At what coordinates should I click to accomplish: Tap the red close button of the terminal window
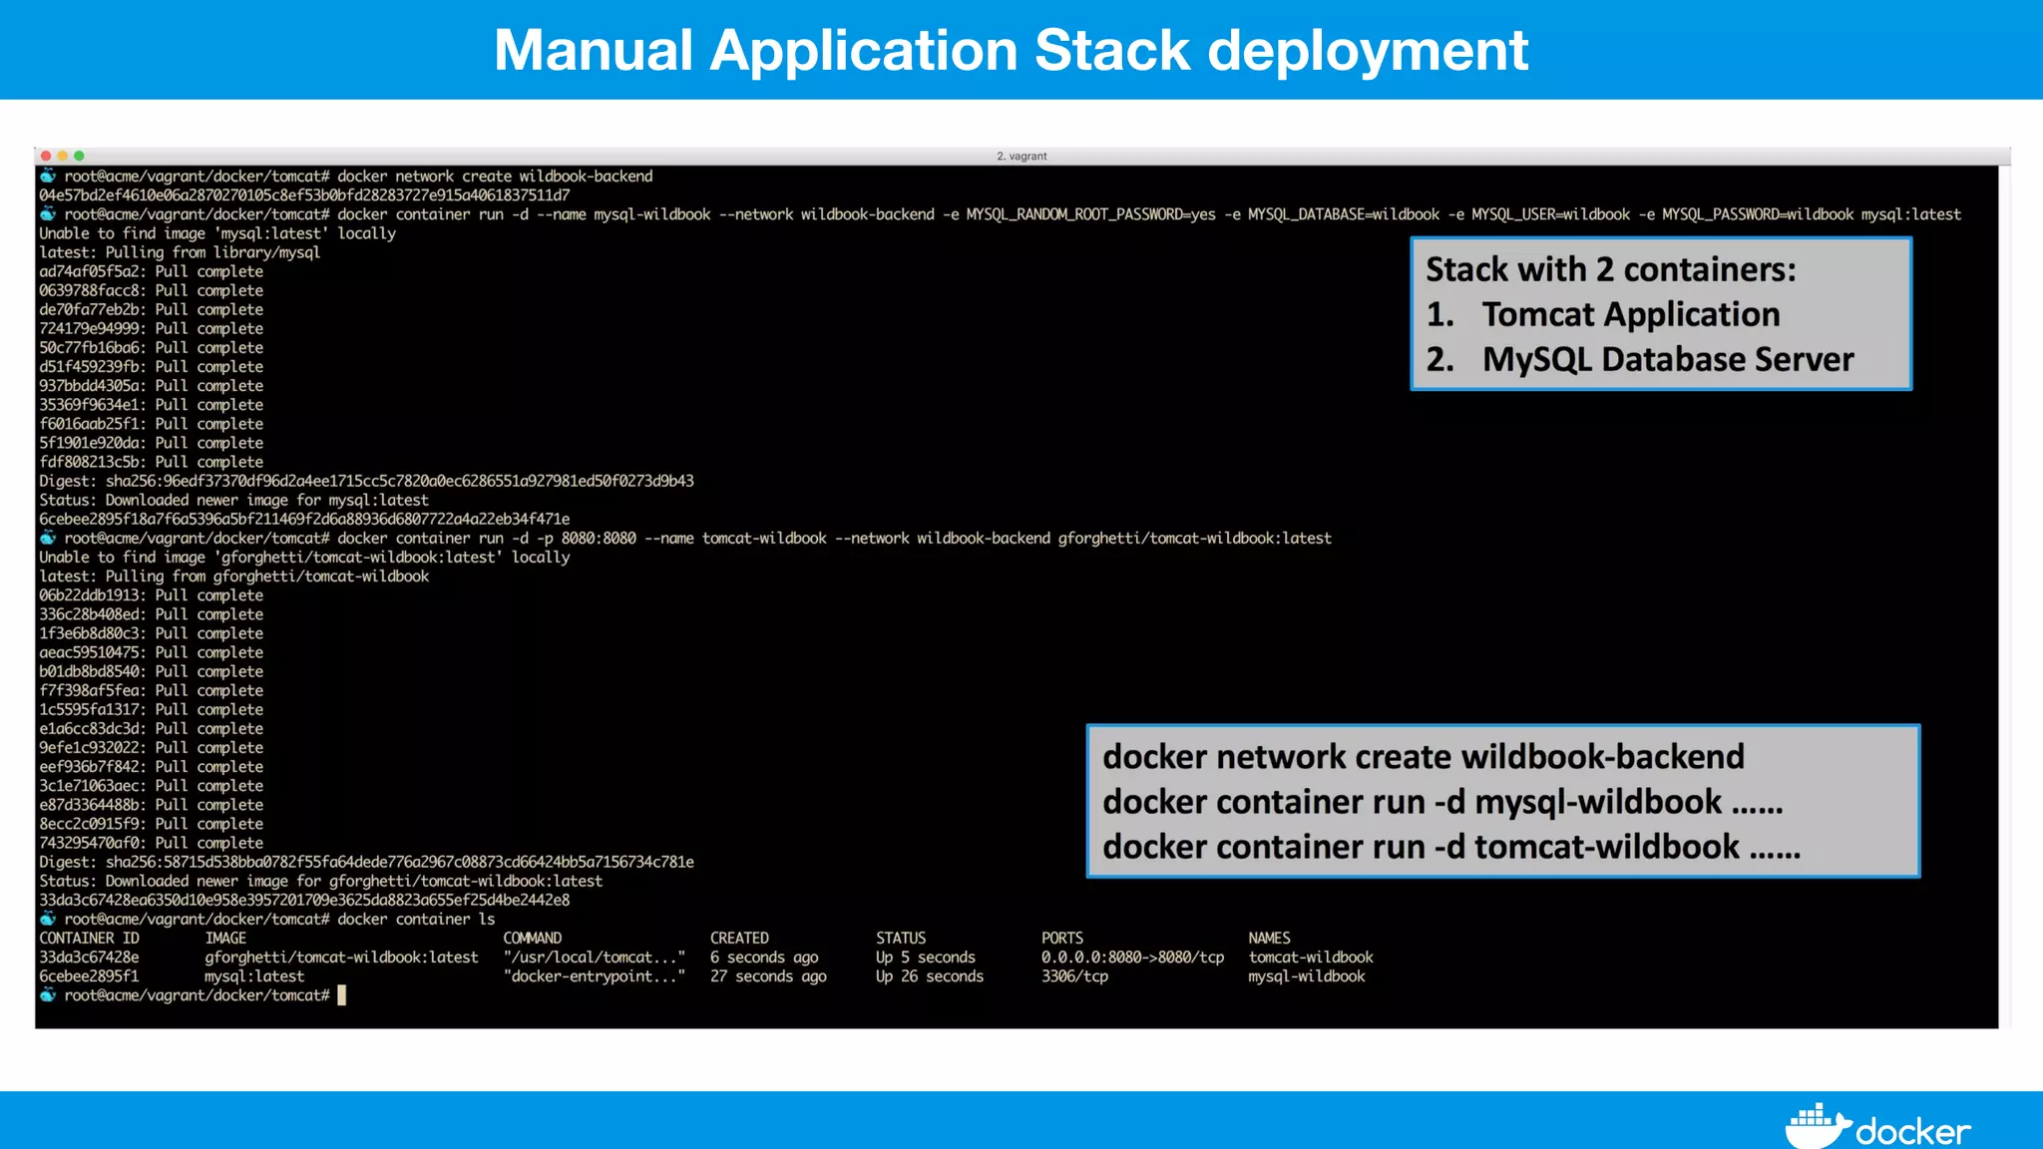(x=46, y=156)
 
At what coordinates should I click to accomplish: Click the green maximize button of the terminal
(x=79, y=156)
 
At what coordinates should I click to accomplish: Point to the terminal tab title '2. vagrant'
(x=1021, y=157)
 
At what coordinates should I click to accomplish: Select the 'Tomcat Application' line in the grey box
(x=1629, y=314)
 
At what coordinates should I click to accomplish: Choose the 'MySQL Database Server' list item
(x=1667, y=359)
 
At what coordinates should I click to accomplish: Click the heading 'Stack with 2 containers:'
(x=1610, y=269)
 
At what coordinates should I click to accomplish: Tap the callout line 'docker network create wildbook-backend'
(x=1423, y=757)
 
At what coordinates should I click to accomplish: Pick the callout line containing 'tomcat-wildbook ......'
(x=1450, y=847)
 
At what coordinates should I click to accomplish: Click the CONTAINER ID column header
(x=89, y=939)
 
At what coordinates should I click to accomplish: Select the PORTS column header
(x=1061, y=939)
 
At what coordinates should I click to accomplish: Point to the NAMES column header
(x=1269, y=939)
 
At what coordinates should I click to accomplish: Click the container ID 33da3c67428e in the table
(x=89, y=957)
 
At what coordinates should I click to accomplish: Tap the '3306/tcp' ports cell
(x=1074, y=976)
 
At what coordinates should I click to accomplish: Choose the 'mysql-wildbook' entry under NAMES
(x=1306, y=976)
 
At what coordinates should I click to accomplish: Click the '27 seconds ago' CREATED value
(x=768, y=976)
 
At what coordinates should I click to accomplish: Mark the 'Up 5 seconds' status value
(x=925, y=957)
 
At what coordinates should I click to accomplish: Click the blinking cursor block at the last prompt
(x=341, y=995)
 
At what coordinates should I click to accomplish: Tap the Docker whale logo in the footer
(x=1818, y=1128)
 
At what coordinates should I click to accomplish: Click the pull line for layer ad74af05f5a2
(x=151, y=271)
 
